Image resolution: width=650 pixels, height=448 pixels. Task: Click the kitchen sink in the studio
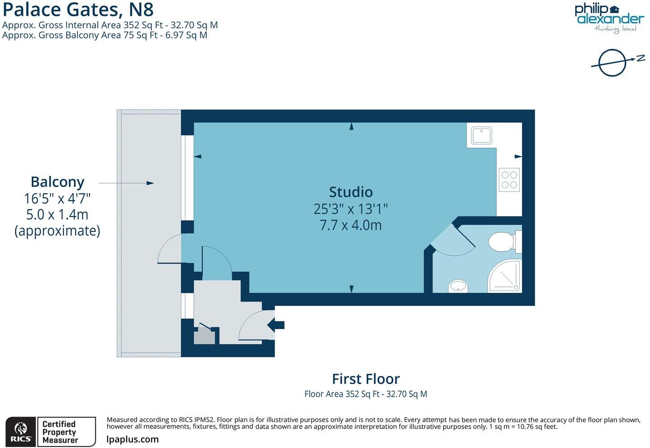[481, 135]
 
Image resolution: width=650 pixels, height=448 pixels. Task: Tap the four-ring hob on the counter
[509, 180]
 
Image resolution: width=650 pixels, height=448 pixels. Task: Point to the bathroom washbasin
[458, 286]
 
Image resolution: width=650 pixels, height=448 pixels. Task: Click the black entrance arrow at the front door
[276, 324]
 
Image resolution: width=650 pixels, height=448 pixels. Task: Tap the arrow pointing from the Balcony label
[126, 183]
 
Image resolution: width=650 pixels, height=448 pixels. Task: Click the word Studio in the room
[351, 192]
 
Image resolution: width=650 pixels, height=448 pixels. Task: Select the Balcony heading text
[57, 182]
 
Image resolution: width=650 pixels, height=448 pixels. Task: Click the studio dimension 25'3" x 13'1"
[351, 209]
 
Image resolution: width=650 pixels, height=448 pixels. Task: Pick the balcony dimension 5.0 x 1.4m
[57, 214]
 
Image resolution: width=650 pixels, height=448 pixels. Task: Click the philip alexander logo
[609, 18]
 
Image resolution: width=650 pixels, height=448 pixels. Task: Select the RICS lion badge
[21, 432]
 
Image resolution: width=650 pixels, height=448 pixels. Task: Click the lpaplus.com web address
[133, 439]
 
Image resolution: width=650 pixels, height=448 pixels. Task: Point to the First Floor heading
[366, 379]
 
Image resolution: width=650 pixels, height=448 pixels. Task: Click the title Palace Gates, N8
[78, 9]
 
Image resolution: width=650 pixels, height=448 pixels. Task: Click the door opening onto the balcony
[170, 249]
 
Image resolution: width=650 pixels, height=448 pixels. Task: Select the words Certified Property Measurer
[60, 432]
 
